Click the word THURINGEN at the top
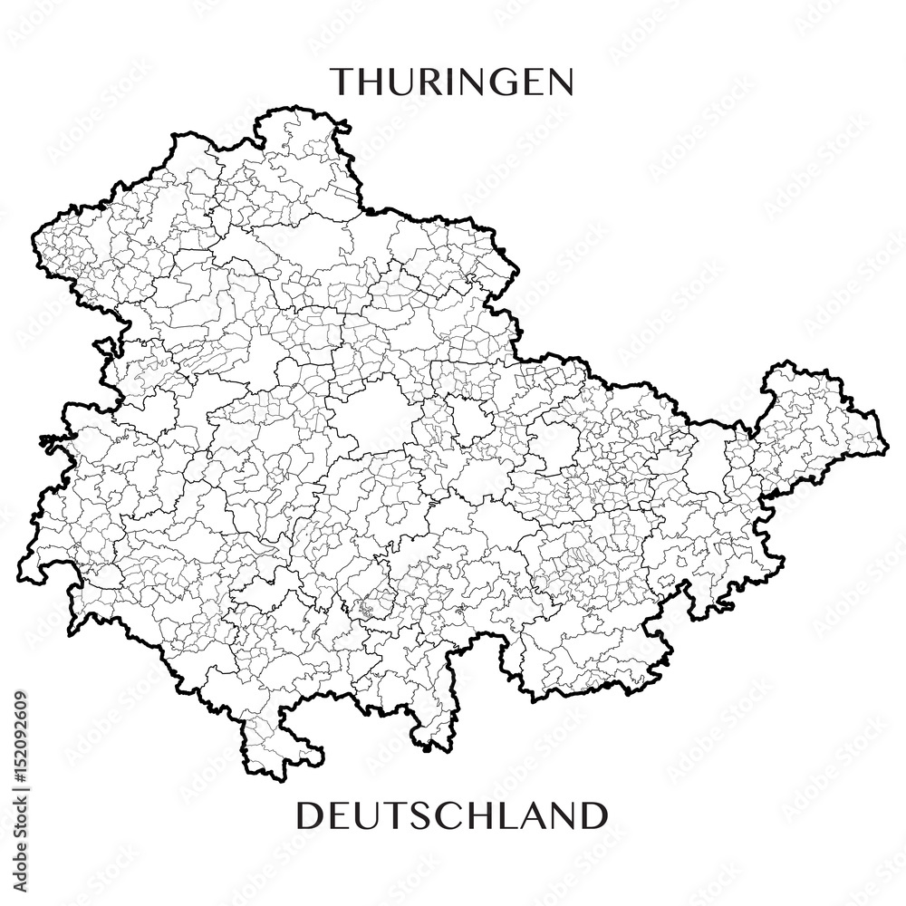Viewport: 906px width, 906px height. pos(451,82)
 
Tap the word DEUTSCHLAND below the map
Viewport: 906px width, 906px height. pos(451,815)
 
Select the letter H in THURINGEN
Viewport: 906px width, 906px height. pos(374,82)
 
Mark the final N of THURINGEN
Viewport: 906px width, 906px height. pos(559,82)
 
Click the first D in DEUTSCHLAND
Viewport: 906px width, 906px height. pos(310,815)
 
